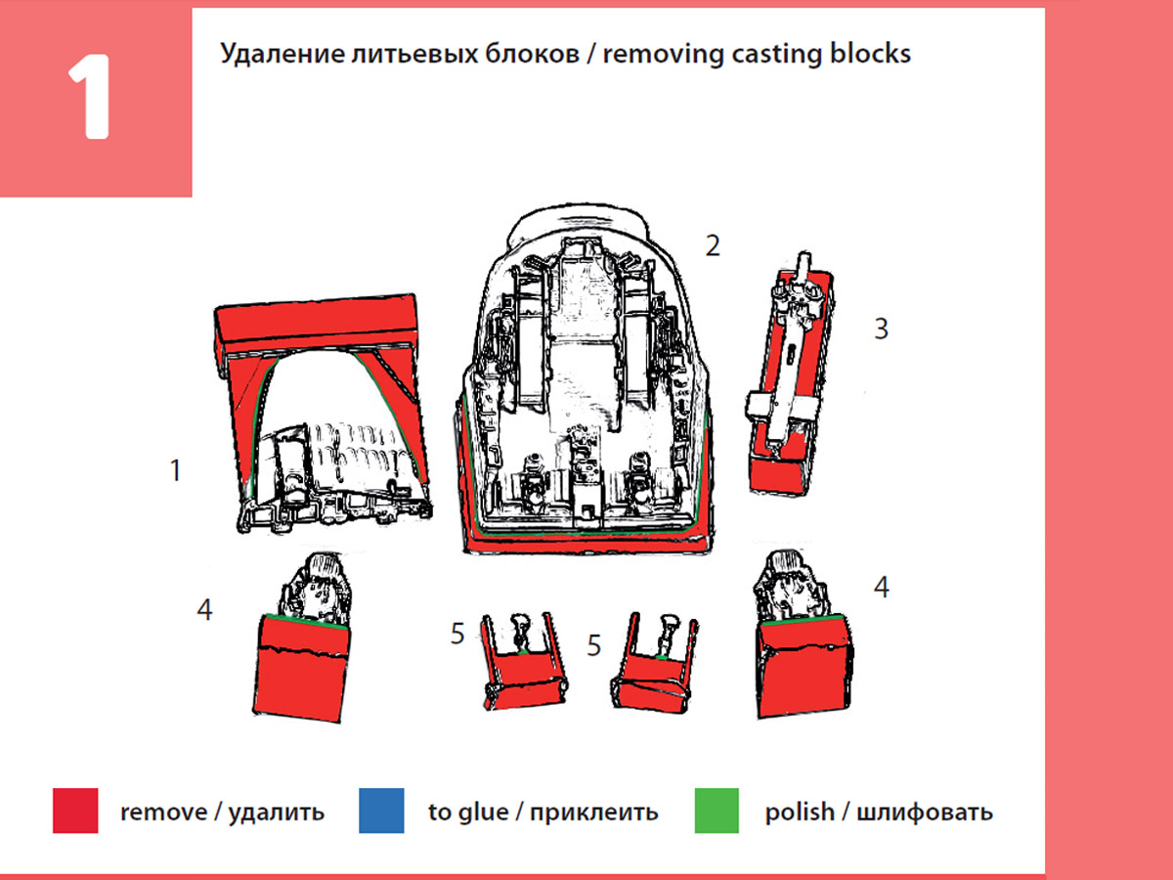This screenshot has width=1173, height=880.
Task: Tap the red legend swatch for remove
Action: (x=75, y=811)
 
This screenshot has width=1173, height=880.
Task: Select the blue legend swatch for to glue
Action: (x=381, y=811)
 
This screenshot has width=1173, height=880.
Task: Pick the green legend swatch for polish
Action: (x=717, y=811)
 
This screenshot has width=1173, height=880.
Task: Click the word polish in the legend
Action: (x=800, y=812)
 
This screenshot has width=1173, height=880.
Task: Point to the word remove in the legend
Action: (x=163, y=812)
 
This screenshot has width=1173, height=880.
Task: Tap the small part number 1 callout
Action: (x=175, y=470)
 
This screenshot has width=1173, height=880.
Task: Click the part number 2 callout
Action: (x=713, y=245)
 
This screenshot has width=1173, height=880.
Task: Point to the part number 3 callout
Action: (x=881, y=329)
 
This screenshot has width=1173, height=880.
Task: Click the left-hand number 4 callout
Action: (x=203, y=609)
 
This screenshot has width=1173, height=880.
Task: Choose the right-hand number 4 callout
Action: (x=881, y=588)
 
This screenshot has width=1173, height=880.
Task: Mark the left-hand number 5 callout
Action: (x=457, y=634)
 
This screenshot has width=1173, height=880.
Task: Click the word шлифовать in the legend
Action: (x=924, y=812)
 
